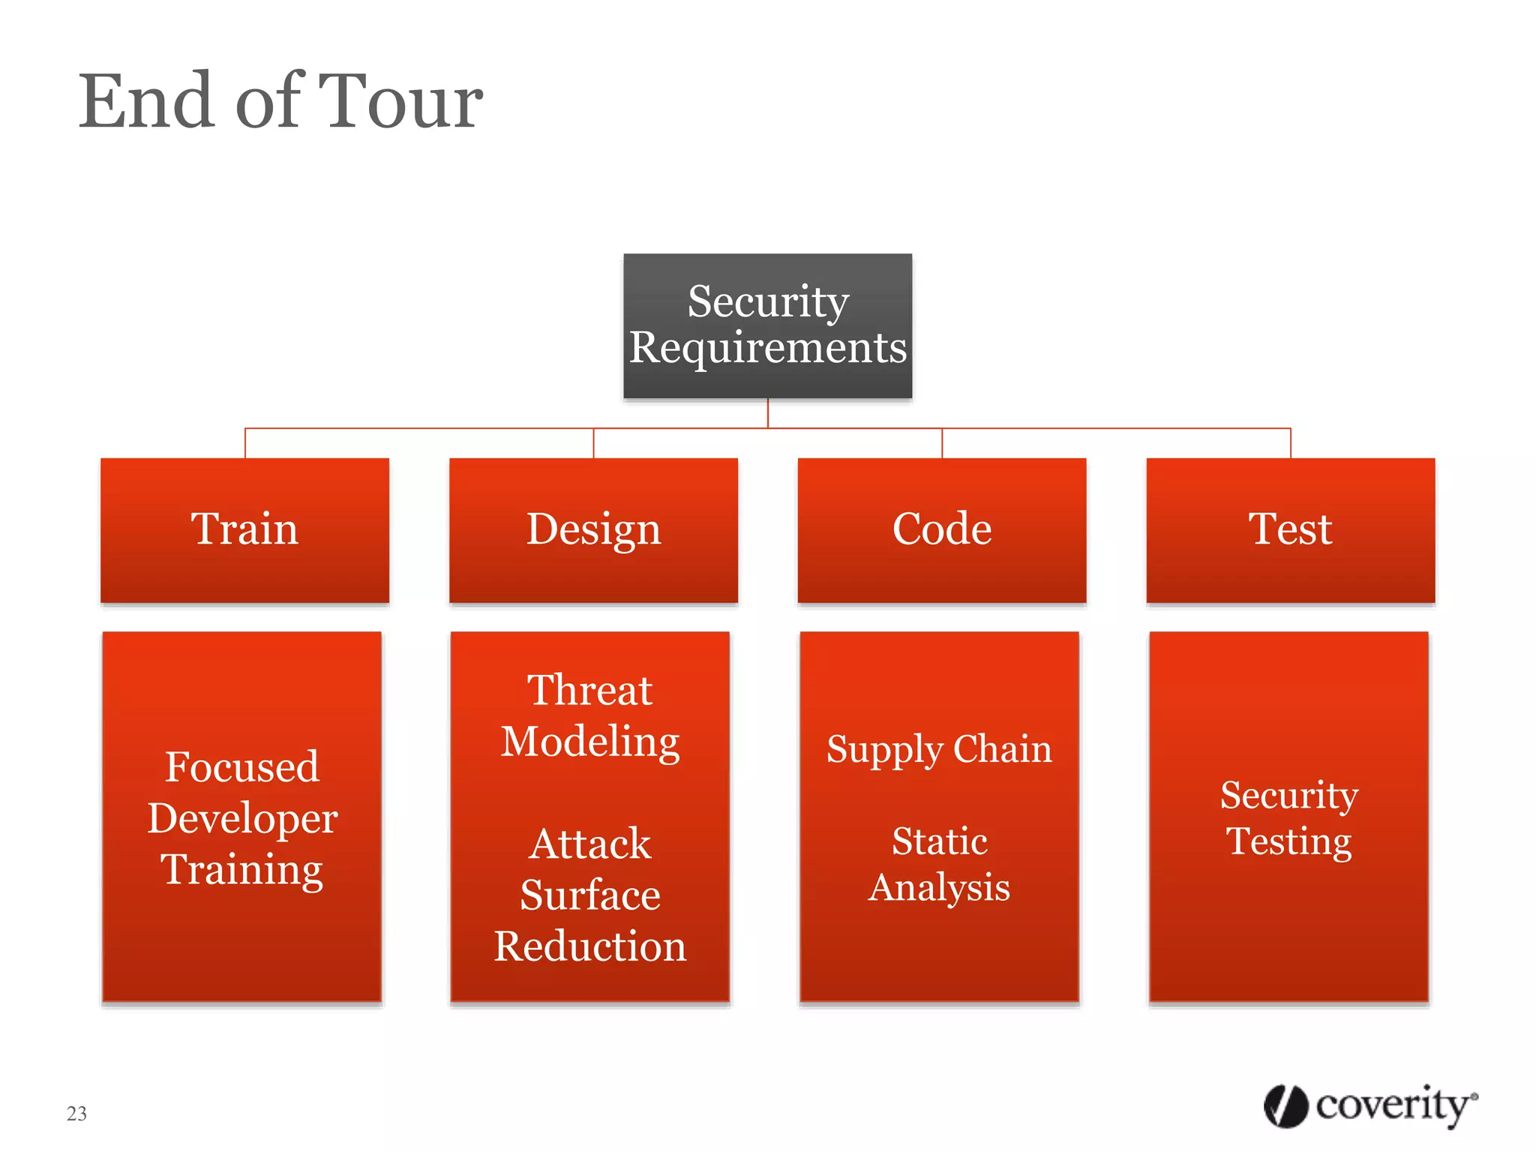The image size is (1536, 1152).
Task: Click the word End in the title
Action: pos(147,102)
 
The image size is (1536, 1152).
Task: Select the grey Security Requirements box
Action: pos(767,325)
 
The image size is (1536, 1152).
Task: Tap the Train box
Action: pos(244,529)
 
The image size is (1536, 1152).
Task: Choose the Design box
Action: pos(593,529)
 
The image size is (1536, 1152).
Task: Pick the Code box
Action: pos(942,529)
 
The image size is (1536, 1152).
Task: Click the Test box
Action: pos(1290,529)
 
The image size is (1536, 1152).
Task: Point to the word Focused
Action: pos(242,766)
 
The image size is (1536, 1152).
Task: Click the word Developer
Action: pos(242,817)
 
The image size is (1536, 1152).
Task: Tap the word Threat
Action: pos(589,690)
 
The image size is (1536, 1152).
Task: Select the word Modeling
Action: pos(589,742)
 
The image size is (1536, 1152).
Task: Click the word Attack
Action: pos(589,844)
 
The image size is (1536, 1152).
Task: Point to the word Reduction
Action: pos(589,946)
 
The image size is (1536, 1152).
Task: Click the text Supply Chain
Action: pos(939,749)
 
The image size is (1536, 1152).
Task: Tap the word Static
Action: pos(939,841)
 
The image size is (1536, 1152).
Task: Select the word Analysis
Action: pos(939,887)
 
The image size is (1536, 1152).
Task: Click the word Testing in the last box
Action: pos(1288,841)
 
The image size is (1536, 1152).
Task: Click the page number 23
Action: pos(76,1113)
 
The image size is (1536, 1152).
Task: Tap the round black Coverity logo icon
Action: pos(1285,1106)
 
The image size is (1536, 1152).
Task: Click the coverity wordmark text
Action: pos(1393,1105)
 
